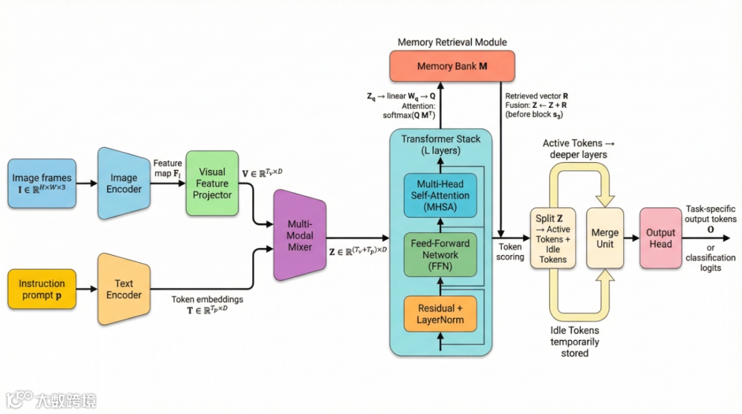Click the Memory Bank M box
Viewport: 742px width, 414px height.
tap(452, 66)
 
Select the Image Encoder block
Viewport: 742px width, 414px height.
tap(124, 184)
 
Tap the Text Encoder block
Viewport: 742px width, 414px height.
tap(124, 289)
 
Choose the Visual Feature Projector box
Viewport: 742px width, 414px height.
tap(212, 184)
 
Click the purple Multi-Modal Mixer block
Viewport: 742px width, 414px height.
tap(300, 235)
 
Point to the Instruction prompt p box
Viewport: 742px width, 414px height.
tap(42, 289)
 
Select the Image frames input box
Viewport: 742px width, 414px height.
tap(42, 184)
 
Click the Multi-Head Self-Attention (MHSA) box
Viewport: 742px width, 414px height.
tap(440, 195)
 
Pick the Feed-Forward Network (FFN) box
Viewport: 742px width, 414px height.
tap(440, 255)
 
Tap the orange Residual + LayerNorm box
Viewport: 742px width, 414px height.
tap(440, 314)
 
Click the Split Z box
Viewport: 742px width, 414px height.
tap(552, 238)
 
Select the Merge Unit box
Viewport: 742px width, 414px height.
tap(605, 238)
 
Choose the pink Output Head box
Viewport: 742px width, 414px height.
tap(661, 238)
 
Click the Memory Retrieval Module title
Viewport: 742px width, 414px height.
tap(452, 42)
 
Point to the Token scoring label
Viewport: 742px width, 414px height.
tap(510, 252)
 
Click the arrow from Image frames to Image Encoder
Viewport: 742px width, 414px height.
tap(87, 184)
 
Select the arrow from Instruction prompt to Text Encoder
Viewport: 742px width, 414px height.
tap(87, 289)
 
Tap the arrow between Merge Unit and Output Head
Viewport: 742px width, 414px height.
tap(632, 238)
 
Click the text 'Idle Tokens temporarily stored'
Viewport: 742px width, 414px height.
tap(574, 342)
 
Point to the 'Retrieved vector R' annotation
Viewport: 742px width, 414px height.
tap(537, 96)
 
